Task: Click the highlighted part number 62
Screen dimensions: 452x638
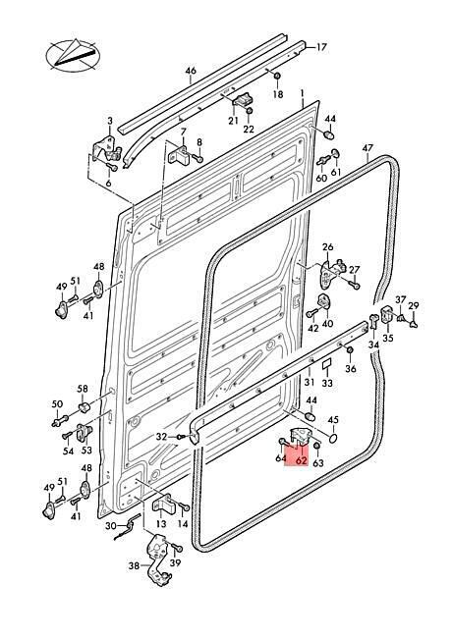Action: pos(302,460)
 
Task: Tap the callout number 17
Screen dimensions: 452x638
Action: pos(321,47)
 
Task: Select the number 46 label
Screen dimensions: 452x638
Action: pos(191,71)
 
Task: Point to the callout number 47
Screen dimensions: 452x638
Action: pos(367,148)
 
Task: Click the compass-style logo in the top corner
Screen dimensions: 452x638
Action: pos(74,55)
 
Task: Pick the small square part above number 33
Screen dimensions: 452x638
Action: pos(327,363)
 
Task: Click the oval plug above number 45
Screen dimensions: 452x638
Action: pos(333,438)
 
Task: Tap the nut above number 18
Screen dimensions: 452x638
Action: pos(277,77)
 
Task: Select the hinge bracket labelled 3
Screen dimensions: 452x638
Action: pos(107,150)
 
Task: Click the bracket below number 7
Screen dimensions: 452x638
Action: pos(180,155)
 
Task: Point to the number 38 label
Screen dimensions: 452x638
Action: pos(134,565)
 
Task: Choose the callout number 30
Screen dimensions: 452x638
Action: pos(111,526)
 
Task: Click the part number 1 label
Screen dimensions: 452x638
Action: pos(302,93)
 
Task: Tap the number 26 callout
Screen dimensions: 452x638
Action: pos(328,247)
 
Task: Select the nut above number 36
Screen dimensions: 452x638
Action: pos(350,350)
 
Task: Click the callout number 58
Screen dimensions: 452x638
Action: pos(83,389)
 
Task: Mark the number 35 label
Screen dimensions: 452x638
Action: pos(388,338)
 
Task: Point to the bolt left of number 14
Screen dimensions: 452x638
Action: pos(182,506)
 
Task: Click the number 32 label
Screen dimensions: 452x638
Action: pos(162,437)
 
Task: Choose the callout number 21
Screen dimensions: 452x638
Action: pos(233,121)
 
